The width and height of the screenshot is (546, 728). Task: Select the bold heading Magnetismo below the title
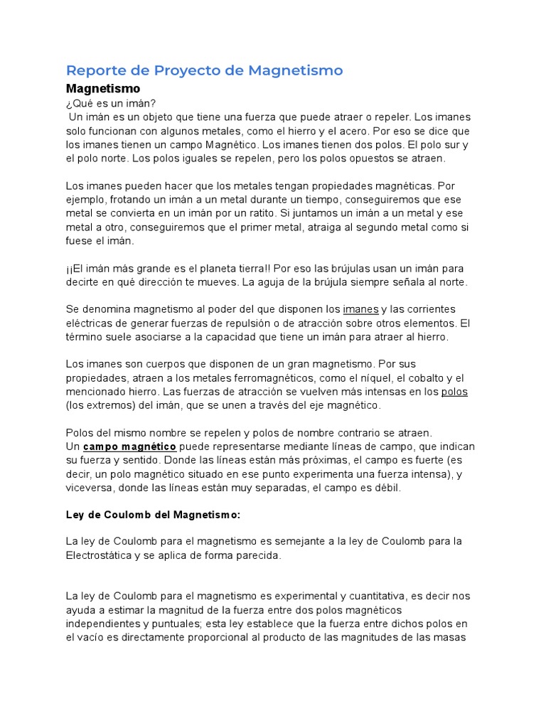pos(103,89)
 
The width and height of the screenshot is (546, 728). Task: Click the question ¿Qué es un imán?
pos(110,103)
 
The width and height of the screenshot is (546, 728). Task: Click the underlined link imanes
pos(360,309)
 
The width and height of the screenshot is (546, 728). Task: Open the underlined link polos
pos(454,392)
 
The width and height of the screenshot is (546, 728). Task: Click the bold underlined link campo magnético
pos(129,446)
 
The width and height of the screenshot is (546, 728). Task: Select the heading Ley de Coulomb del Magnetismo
pos(153,514)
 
